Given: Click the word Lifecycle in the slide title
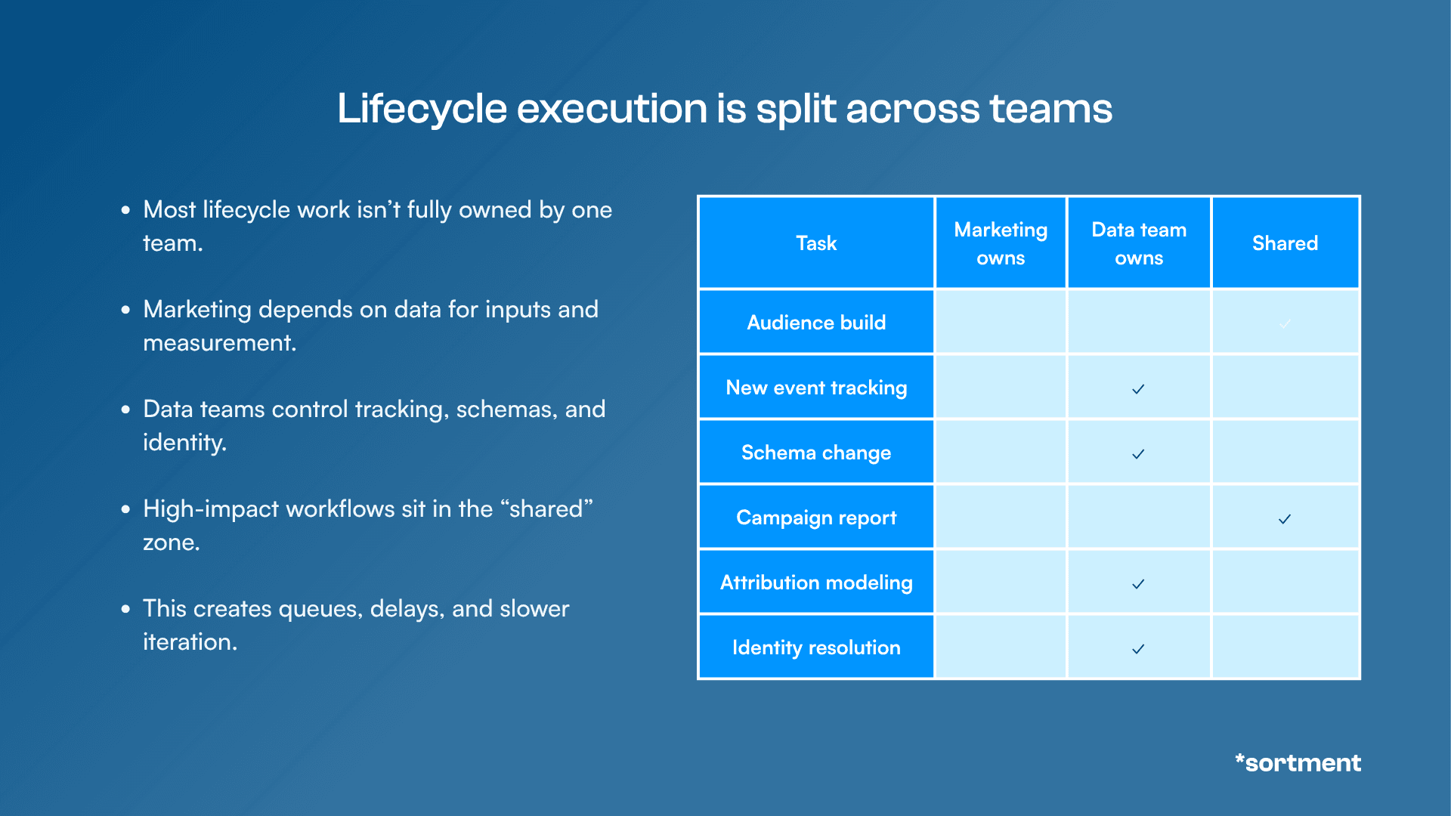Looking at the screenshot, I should (x=422, y=109).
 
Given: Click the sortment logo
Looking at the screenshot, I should (x=1298, y=762).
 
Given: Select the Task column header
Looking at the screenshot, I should (x=816, y=243).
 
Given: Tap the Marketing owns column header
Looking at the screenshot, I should (x=1001, y=243).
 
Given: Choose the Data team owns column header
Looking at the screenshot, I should (x=1139, y=243).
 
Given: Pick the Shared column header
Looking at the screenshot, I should (x=1285, y=243).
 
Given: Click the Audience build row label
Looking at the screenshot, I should (x=816, y=323).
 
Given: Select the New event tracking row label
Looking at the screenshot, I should (x=816, y=388).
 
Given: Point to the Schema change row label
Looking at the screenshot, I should (x=816, y=453).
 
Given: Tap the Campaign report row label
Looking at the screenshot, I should (x=816, y=518).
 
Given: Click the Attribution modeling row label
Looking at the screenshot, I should (x=816, y=583).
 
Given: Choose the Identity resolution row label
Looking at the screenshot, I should (x=816, y=648).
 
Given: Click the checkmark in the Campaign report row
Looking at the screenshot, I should (x=1285, y=519).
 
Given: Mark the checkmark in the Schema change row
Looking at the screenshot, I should (x=1138, y=454).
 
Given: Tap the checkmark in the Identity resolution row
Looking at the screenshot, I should (x=1138, y=649).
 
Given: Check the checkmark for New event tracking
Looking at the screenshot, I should (x=1138, y=389).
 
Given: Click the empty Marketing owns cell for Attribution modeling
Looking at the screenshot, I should (x=1001, y=583).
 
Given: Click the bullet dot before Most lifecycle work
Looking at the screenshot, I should (x=125, y=210).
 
